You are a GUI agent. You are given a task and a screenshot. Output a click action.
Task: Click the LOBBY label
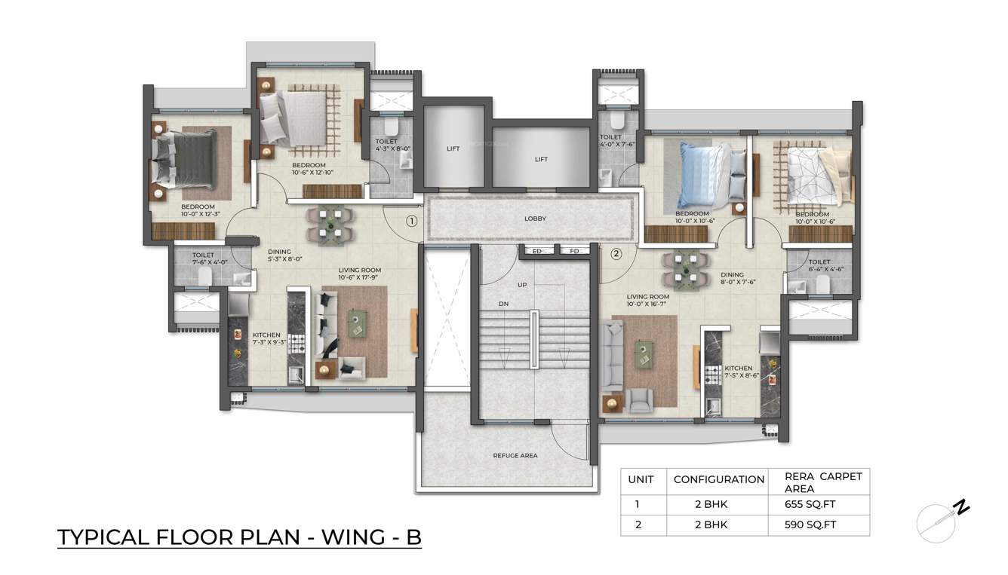(x=535, y=219)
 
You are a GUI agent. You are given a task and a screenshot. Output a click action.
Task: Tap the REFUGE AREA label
(x=515, y=455)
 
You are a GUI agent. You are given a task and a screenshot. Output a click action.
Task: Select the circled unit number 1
(x=411, y=221)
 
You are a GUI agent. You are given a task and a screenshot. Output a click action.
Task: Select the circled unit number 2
(x=616, y=254)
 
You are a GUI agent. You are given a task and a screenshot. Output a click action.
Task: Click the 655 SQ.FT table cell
(x=810, y=504)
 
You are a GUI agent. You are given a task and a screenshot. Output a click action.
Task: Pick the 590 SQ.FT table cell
(x=810, y=525)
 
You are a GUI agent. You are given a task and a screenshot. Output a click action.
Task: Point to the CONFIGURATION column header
(x=718, y=480)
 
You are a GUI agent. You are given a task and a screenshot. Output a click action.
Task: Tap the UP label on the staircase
(x=522, y=285)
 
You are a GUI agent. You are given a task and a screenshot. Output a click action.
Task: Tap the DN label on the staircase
(x=503, y=304)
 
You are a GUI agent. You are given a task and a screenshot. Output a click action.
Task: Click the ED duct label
(x=537, y=251)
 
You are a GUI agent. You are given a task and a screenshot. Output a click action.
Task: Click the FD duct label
(x=574, y=251)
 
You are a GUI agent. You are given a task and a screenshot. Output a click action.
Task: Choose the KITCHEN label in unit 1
(x=266, y=335)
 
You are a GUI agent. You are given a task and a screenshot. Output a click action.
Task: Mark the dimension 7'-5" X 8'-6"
(x=742, y=375)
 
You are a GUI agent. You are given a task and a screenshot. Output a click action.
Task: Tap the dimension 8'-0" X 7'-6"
(x=738, y=282)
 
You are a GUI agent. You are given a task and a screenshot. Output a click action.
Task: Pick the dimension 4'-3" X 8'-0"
(x=392, y=148)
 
